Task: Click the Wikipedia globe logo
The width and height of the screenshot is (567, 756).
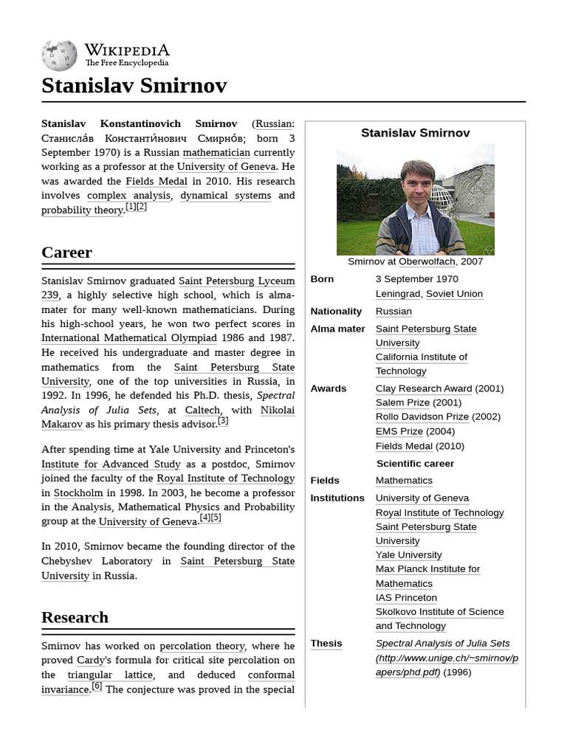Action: [59, 55]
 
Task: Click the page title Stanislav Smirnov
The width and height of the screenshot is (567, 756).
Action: [134, 86]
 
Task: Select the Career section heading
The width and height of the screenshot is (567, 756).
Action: [66, 252]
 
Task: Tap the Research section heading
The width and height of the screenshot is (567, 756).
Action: [75, 617]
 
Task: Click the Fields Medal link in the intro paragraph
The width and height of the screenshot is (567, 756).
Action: [157, 181]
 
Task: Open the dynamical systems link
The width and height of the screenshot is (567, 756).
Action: [225, 196]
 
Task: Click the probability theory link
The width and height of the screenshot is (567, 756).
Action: [83, 210]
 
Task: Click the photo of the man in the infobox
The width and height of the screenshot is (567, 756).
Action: [416, 199]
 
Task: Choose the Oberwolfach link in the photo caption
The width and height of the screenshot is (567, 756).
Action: [427, 261]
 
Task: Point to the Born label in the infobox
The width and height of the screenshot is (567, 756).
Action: [322, 279]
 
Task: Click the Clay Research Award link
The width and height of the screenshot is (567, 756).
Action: [423, 388]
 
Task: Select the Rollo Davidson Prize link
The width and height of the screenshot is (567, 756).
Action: [422, 416]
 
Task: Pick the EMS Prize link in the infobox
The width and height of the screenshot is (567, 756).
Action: [399, 431]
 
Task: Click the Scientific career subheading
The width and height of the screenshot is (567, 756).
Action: [415, 464]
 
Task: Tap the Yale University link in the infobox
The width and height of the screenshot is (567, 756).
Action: [408, 554]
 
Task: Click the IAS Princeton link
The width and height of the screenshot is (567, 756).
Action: [406, 597]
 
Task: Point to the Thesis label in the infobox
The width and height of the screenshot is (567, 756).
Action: [326, 643]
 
